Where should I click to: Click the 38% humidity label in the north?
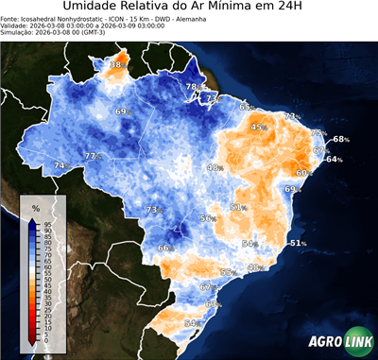click(x=118, y=65)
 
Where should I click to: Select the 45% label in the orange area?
click(x=258, y=127)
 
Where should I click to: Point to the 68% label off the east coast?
click(x=340, y=139)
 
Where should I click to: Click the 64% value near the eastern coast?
click(x=334, y=160)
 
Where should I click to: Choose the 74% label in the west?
click(x=60, y=165)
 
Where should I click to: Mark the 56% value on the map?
click(x=207, y=218)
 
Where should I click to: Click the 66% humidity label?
click(x=165, y=248)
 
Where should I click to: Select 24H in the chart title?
click(x=299, y=9)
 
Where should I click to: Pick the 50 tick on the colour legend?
click(x=46, y=281)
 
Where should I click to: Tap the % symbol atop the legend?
click(x=35, y=207)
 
